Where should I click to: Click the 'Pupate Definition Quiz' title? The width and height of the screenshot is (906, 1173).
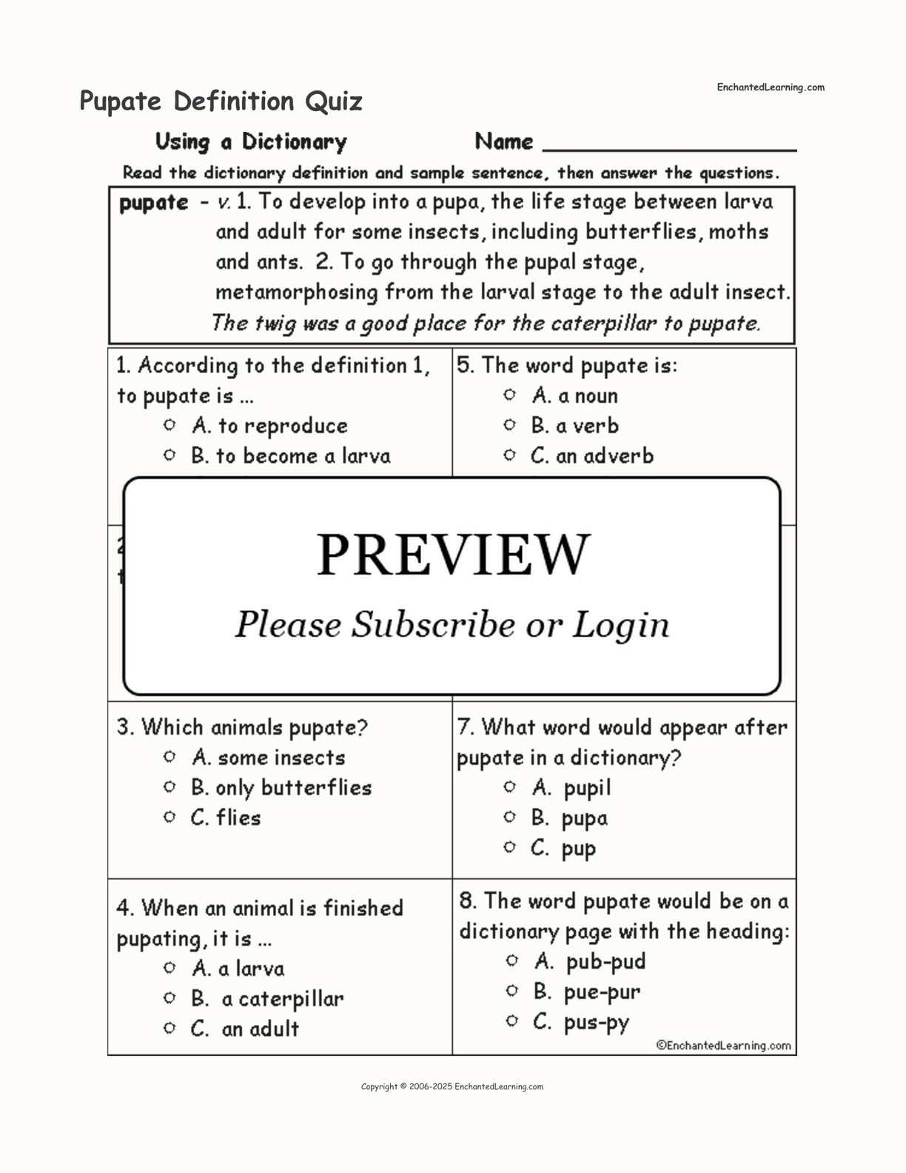point(221,101)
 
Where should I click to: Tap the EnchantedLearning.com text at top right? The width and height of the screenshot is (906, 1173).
point(770,87)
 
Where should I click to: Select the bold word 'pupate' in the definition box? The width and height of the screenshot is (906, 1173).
point(154,202)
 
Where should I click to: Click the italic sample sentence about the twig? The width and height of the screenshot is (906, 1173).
point(486,324)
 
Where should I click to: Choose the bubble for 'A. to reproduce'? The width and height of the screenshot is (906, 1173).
point(170,425)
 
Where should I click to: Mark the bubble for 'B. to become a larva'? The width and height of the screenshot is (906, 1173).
point(170,455)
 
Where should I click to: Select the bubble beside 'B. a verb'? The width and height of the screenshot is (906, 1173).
point(509,425)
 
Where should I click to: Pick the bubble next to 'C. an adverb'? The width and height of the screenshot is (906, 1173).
point(509,455)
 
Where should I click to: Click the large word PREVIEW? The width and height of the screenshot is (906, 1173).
point(453,554)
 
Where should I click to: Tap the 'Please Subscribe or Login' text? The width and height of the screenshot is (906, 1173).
point(452,624)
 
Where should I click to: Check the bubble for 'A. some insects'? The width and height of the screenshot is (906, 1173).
point(170,757)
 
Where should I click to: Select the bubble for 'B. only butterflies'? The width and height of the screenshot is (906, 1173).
point(170,787)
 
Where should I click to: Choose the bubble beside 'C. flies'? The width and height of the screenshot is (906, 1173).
point(170,818)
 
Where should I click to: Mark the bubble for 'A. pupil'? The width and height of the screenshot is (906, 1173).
point(509,787)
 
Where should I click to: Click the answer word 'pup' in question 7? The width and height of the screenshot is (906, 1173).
point(578,849)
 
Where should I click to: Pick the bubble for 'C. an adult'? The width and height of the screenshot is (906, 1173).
point(170,1028)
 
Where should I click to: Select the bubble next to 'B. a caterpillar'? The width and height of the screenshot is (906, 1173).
point(170,998)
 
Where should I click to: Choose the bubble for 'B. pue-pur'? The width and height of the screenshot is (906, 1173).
point(511,991)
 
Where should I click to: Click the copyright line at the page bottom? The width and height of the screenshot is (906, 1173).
point(452,1087)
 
